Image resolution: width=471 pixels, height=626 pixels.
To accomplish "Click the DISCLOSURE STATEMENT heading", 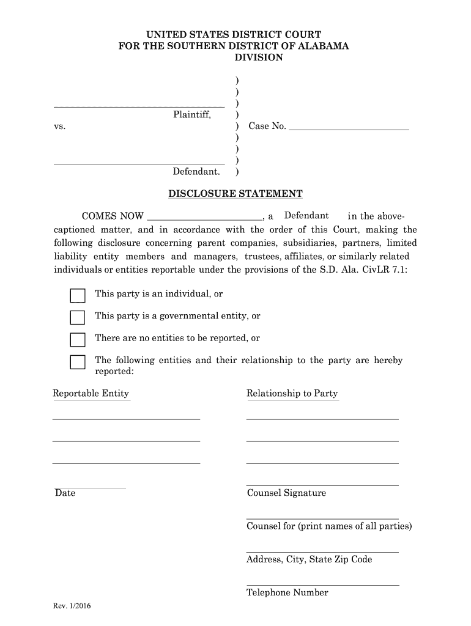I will click(236, 194).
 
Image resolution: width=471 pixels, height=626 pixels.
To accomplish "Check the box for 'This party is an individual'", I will click(78, 296).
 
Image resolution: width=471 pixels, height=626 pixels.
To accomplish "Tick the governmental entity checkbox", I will click(78, 317).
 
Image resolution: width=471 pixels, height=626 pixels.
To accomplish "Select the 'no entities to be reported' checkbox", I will click(78, 339).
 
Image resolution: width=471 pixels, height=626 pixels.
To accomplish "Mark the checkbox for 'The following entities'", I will click(78, 362).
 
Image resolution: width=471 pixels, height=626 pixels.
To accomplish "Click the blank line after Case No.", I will click(348, 129).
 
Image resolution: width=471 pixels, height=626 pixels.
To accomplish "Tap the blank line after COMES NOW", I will click(205, 218).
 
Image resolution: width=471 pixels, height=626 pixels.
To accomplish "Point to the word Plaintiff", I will click(191, 114).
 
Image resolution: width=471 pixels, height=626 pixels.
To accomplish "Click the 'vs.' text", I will click(59, 127).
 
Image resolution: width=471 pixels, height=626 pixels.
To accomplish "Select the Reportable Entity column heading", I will click(91, 393).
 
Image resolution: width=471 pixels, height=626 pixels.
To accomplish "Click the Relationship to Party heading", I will click(292, 393).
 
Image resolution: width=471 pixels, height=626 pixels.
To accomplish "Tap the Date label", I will click(65, 493).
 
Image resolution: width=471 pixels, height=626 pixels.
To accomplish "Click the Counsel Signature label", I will click(286, 493).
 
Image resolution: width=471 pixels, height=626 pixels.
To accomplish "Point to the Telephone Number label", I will click(287, 592).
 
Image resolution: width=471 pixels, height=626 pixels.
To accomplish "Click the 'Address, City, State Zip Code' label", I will click(309, 559).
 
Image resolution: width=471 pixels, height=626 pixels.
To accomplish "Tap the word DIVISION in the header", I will click(259, 57).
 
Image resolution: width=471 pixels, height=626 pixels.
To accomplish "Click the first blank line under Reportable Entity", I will click(126, 418).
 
